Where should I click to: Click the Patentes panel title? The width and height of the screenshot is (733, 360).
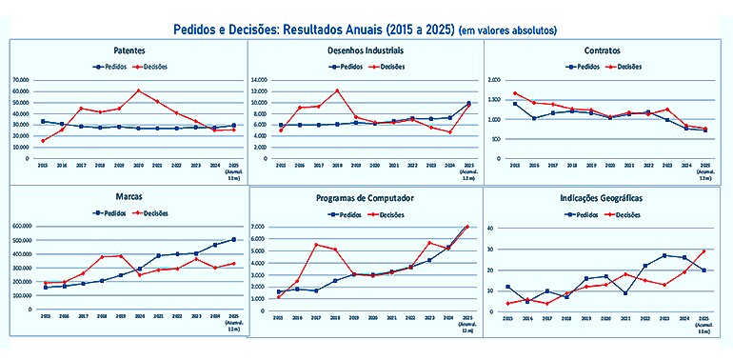129,50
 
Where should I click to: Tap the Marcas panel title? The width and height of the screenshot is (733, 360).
129,197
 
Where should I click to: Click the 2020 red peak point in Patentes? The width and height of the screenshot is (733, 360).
138,90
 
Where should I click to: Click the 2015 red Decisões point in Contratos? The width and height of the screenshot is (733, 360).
515,93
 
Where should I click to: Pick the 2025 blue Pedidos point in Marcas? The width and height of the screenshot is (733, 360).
233,240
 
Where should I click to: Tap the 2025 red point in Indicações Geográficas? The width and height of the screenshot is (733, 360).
703,251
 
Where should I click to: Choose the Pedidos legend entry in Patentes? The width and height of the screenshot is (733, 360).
110,68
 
